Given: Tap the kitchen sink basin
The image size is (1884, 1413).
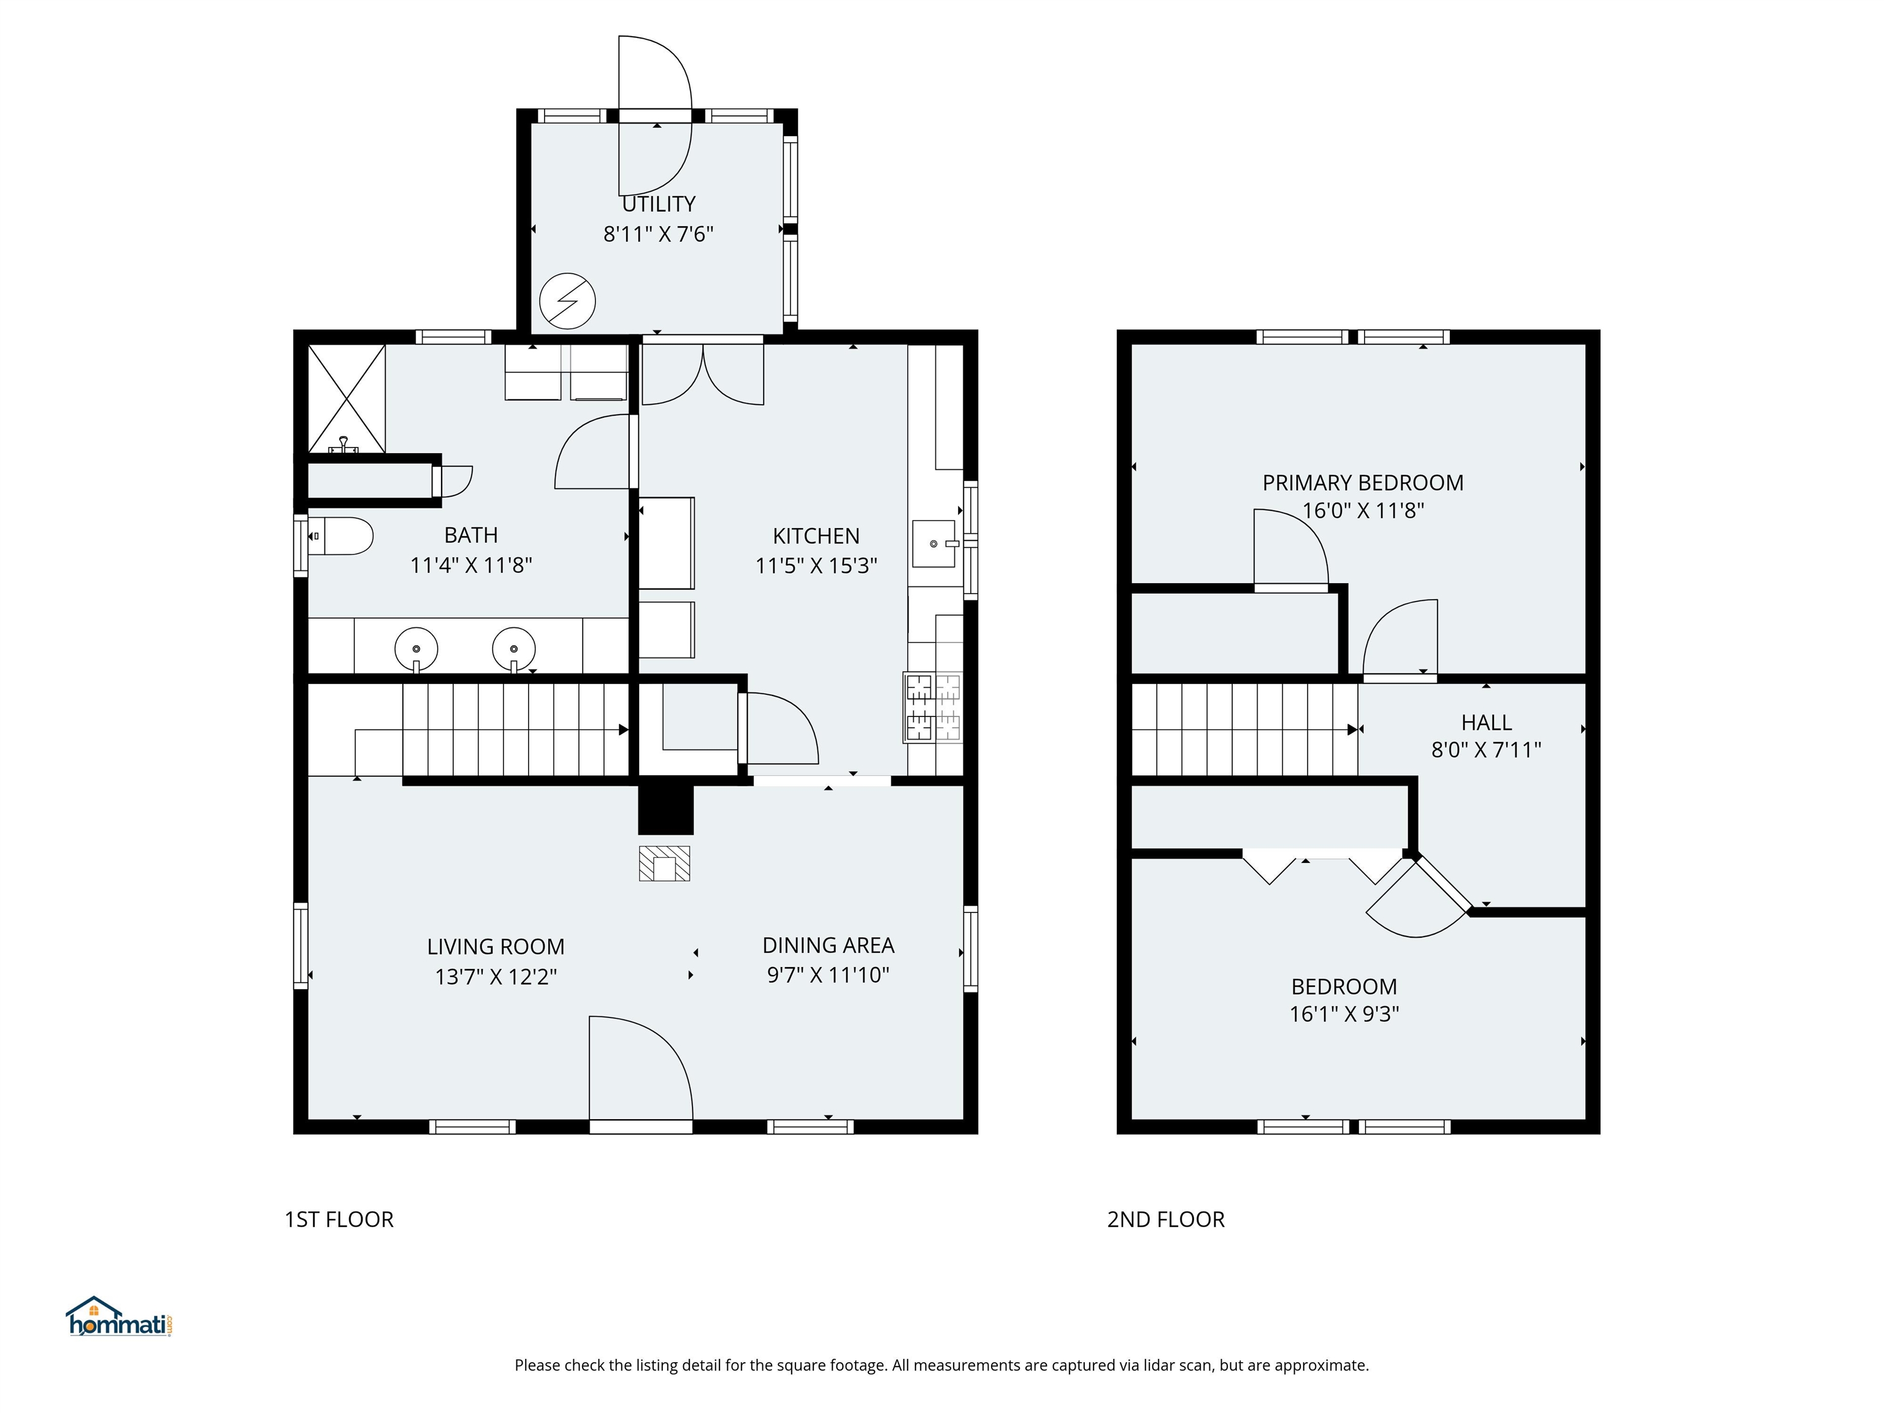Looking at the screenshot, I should (x=933, y=543).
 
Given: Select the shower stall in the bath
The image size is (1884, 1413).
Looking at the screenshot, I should (x=346, y=398).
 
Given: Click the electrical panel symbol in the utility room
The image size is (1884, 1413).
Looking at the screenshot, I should (x=567, y=301).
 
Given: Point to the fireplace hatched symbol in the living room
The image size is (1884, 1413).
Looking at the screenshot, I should (x=664, y=863).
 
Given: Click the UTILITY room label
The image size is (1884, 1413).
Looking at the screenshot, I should (x=659, y=204).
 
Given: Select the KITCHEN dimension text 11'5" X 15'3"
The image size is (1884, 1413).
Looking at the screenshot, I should (x=816, y=565).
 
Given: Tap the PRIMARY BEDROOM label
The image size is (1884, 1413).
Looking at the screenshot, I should (x=1362, y=483).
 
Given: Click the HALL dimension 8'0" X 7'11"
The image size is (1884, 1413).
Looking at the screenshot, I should (x=1485, y=749).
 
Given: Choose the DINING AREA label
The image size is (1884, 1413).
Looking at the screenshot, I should (x=828, y=946).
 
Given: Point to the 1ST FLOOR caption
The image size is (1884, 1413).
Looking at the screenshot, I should (x=339, y=1220).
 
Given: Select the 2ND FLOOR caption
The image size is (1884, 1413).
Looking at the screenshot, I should (x=1165, y=1220).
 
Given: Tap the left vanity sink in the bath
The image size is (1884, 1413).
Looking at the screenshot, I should (x=416, y=649).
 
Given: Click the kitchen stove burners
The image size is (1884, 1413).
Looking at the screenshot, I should (x=933, y=707).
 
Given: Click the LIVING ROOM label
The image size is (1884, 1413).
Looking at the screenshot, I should (x=496, y=946).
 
